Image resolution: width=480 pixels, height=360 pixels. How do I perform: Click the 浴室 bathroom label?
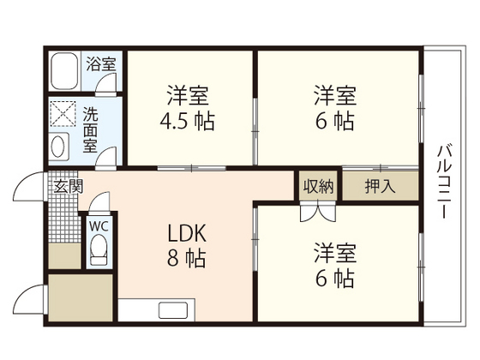tap(101, 64)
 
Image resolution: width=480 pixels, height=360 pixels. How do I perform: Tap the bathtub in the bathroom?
tap(64, 71)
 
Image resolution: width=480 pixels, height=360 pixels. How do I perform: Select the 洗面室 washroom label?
tap(90, 129)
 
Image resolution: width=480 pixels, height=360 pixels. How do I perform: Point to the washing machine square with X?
tap(63, 113)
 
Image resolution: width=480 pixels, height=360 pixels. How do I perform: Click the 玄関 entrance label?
tap(69, 186)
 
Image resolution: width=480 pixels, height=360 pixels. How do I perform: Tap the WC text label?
tap(99, 226)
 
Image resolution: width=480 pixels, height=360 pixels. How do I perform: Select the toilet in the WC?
tap(99, 249)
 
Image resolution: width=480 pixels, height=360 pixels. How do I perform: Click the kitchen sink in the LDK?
tap(173, 310)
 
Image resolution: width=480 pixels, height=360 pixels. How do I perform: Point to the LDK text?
tap(187, 233)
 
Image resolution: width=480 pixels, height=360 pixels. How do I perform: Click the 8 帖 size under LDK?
tap(186, 258)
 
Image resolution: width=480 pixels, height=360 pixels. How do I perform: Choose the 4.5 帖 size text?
tap(187, 121)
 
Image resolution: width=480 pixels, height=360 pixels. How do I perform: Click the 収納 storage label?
tap(318, 186)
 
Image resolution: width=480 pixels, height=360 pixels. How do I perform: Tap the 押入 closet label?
tap(381, 186)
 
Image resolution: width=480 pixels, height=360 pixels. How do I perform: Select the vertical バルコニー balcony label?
tap(444, 182)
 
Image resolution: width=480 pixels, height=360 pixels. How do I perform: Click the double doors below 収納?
tap(318, 211)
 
